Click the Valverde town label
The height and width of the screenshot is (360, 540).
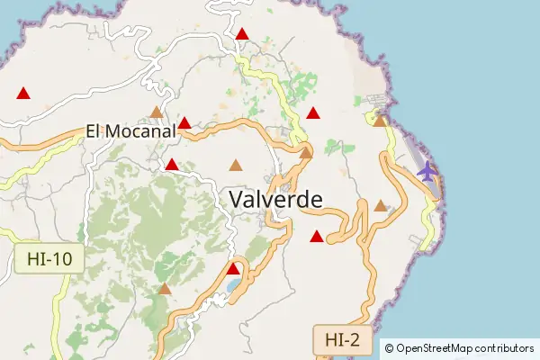tap(275, 200)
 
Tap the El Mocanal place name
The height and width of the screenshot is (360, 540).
tap(130, 131)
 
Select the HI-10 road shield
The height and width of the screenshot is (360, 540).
tap(49, 260)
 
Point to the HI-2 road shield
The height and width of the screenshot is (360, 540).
tap(343, 339)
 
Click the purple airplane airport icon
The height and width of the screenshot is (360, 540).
tap(427, 171)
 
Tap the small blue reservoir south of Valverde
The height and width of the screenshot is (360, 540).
tap(234, 285)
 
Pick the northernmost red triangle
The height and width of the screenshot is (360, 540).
tap(242, 34)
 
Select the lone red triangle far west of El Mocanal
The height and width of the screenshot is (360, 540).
tap(23, 93)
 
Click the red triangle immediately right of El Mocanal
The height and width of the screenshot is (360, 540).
tap(184, 123)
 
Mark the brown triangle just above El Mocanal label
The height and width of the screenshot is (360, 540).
tap(157, 112)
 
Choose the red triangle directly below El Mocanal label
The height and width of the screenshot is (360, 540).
tap(171, 165)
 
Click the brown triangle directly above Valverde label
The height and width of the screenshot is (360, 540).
tap(236, 165)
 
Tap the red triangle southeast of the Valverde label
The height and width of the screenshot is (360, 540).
tap(316, 237)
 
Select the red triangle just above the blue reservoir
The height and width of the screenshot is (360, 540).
tap(233, 268)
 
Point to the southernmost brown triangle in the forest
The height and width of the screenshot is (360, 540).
tap(165, 289)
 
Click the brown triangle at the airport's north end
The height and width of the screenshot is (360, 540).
tap(380, 121)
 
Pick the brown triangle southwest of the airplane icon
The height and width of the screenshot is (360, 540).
tap(381, 206)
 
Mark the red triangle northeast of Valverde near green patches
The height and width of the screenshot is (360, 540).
tap(312, 113)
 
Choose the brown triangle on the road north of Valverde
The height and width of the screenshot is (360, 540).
tap(306, 153)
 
